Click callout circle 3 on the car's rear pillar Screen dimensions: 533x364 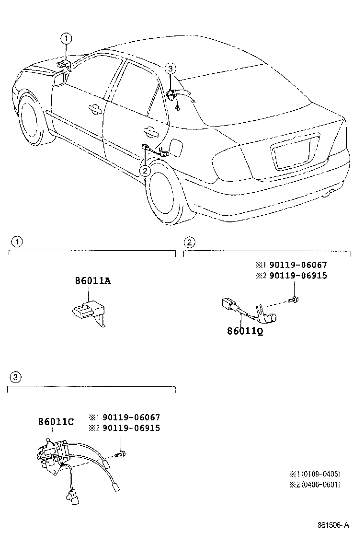[171, 69]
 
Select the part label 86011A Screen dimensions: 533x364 [93, 281]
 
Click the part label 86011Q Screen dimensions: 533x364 [245, 331]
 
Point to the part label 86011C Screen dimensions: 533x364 [56, 422]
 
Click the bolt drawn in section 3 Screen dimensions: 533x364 [120, 453]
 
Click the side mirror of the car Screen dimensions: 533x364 [60, 79]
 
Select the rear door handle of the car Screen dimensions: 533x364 [151, 130]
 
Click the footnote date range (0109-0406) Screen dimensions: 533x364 [314, 474]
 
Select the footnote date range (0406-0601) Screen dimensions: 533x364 [314, 484]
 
